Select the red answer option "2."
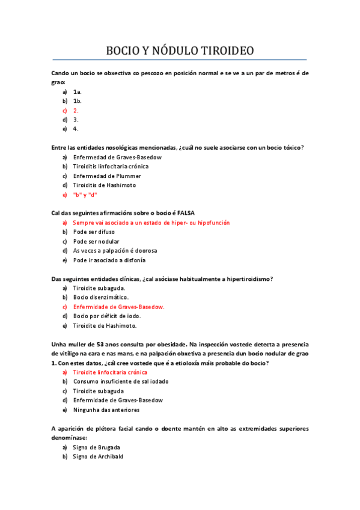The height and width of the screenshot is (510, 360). tap(76, 111)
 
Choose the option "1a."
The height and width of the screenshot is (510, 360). tap(77, 91)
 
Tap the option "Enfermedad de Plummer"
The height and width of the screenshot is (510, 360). tap(107, 176)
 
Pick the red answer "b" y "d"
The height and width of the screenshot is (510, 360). tap(85, 195)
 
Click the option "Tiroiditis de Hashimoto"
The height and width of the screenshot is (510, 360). tap(105, 185)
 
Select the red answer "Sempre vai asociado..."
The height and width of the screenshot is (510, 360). tap(151, 223)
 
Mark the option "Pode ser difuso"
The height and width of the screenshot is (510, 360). tap(94, 232)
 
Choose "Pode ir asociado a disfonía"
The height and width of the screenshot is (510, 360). tap(109, 260)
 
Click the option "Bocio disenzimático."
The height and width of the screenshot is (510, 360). tap(101, 297)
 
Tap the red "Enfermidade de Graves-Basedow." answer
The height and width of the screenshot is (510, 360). tap(118, 307)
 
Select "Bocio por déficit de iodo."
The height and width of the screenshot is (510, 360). tap(107, 316)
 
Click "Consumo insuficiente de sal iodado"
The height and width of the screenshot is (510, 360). tap(120, 382)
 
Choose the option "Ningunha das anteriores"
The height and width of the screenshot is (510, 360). tap(106, 410)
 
